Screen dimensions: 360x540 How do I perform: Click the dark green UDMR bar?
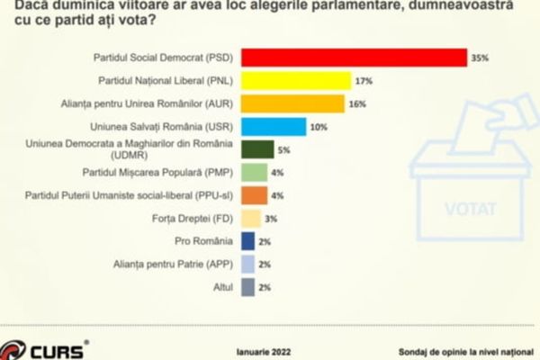click(257, 149)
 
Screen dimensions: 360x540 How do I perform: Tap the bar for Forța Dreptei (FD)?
click(251, 219)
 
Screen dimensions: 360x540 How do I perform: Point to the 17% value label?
click(363, 81)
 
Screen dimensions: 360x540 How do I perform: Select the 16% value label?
click(357, 103)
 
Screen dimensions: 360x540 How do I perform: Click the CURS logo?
click(46, 346)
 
